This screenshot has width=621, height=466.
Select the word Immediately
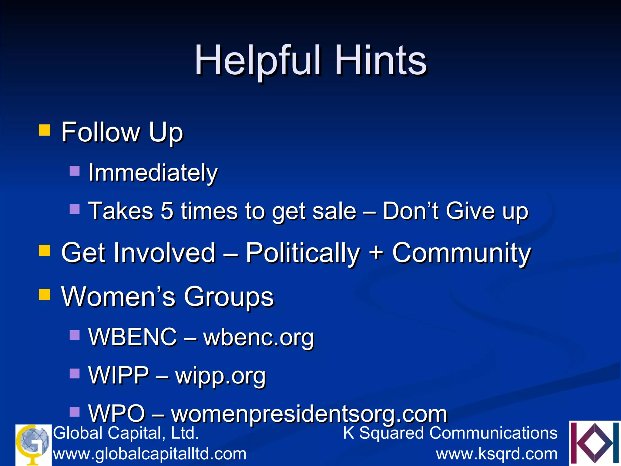(153, 173)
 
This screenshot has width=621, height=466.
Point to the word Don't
(411, 211)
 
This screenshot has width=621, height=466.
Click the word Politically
(302, 253)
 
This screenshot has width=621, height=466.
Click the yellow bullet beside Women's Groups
(45, 294)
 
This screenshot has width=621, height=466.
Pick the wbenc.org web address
(259, 337)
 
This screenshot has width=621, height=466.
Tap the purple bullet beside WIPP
(75, 373)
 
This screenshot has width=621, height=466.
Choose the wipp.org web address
(220, 376)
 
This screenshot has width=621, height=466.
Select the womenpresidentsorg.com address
(309, 414)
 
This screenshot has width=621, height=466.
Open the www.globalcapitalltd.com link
(149, 454)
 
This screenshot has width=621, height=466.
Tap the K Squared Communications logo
(595, 443)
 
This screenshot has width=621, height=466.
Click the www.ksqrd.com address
(497, 454)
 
